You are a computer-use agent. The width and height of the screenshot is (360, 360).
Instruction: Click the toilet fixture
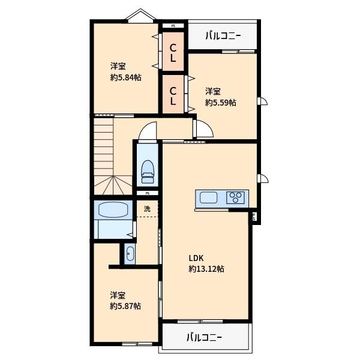[x=148, y=172]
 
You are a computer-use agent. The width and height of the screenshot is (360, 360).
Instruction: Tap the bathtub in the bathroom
[x=113, y=211]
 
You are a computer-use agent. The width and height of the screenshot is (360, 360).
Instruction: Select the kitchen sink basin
[x=209, y=197]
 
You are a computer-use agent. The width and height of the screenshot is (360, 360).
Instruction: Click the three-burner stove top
[x=236, y=197]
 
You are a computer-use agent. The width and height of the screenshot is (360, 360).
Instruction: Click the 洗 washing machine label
[x=147, y=209]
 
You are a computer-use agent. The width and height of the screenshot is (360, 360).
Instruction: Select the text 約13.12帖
[x=206, y=269]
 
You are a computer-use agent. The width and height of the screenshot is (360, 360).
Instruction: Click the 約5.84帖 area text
[x=126, y=77]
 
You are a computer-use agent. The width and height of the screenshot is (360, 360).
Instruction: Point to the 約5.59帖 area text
[x=220, y=103]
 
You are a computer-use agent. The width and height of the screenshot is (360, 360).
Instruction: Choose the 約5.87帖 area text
[x=125, y=306]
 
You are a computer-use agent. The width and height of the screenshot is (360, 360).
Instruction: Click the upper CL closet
[x=173, y=53]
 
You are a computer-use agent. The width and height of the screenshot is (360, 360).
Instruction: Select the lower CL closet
[x=173, y=97]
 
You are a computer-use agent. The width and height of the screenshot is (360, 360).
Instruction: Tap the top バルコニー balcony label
[x=223, y=36]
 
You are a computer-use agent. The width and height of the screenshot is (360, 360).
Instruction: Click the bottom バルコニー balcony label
[x=204, y=337]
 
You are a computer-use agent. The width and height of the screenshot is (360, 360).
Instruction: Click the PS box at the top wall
[x=173, y=26]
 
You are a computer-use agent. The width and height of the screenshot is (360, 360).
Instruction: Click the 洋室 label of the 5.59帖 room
[x=212, y=91]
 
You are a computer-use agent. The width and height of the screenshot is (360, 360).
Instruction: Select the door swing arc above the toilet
[x=148, y=130]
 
